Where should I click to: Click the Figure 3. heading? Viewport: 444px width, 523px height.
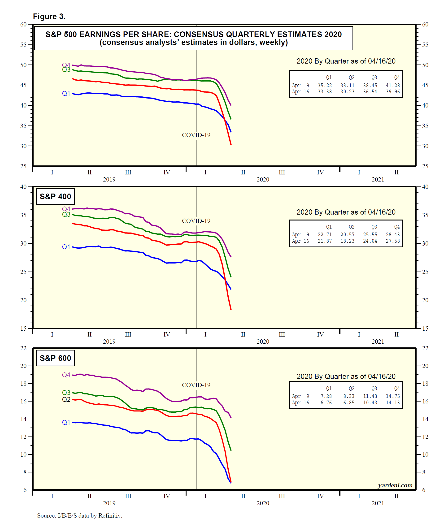tap(49, 17)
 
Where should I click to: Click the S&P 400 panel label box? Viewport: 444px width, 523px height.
tap(55, 196)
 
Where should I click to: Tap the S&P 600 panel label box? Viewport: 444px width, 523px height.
tap(55, 358)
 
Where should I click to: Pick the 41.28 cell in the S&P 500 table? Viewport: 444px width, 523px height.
tap(393, 86)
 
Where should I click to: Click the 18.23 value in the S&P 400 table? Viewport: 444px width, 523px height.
tap(347, 241)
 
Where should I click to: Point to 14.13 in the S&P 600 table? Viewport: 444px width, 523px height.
tap(393, 403)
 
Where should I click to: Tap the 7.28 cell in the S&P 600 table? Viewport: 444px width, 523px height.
tap(326, 396)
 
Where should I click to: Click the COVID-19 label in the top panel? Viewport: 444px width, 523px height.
tap(196, 135)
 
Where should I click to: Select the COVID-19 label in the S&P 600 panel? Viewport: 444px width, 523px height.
tap(196, 385)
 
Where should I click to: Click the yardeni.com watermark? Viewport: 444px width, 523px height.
tap(395, 485)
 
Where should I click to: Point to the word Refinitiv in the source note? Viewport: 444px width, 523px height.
tap(110, 515)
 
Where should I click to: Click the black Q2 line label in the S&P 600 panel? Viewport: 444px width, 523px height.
tap(66, 399)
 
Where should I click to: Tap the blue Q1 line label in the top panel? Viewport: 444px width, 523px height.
tap(66, 94)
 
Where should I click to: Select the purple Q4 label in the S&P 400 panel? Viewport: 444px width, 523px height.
tap(66, 209)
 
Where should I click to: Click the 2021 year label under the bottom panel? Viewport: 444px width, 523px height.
tap(378, 503)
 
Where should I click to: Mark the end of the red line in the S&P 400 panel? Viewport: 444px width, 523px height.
tap(231, 310)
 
